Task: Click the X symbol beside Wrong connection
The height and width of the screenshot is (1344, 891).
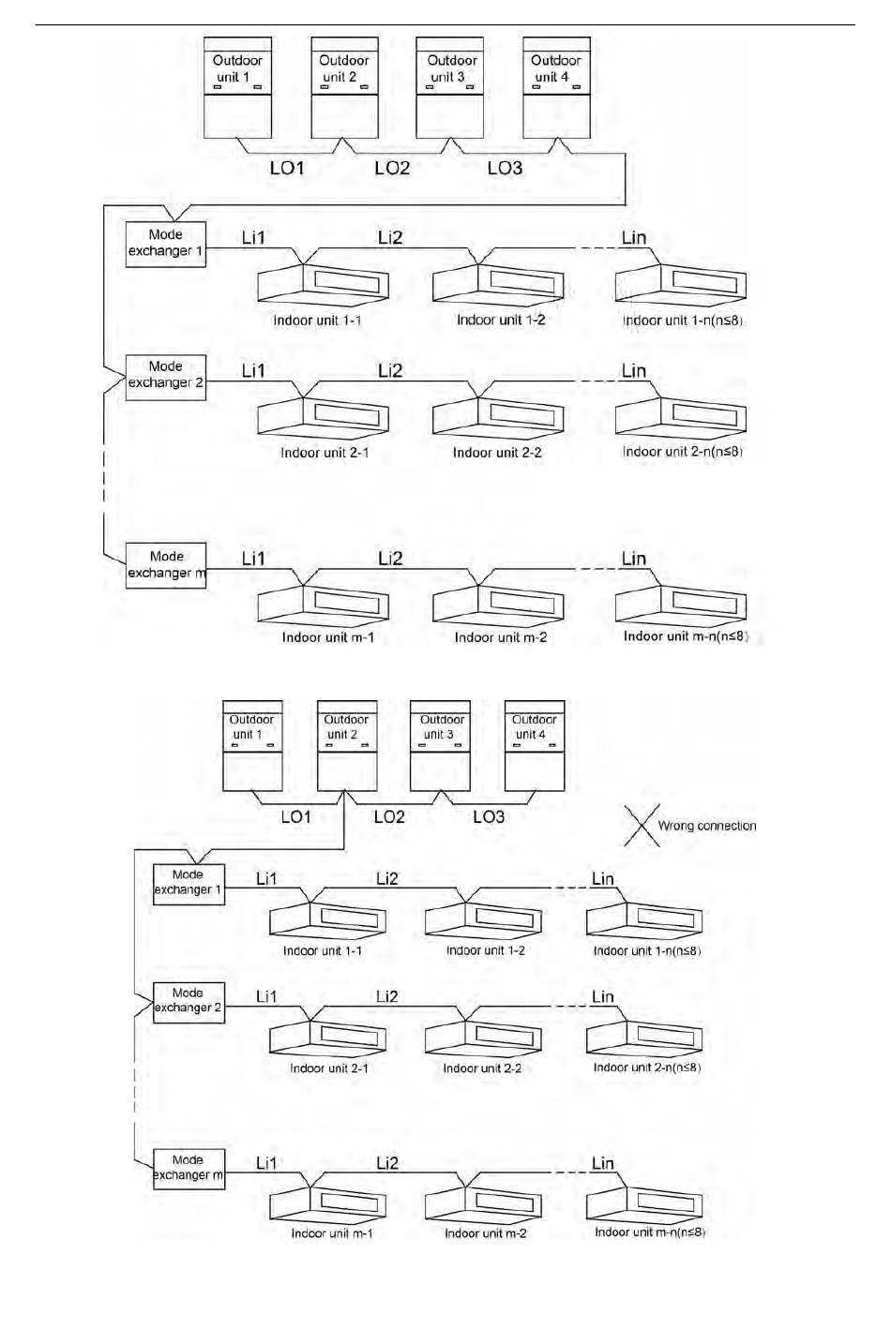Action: [x=642, y=825]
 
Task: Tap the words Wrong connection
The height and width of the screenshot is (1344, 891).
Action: [x=706, y=826]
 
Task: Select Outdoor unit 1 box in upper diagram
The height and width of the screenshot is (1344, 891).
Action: [x=237, y=87]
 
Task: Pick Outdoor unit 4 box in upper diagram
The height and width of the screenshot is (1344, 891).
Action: [x=556, y=87]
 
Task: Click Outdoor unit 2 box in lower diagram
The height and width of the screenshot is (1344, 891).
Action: [x=347, y=745]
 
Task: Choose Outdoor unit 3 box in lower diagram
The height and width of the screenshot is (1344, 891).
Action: [x=440, y=745]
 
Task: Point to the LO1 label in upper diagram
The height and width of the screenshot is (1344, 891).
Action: [x=287, y=168]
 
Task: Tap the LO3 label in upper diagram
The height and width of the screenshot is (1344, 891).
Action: [x=505, y=168]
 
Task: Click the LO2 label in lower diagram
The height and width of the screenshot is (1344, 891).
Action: [x=389, y=816]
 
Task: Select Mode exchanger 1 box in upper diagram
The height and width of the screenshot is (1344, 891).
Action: [x=166, y=244]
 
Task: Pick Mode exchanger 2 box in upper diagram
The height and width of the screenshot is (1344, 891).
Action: [x=166, y=376]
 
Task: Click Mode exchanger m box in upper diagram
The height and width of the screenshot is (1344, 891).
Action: [x=166, y=565]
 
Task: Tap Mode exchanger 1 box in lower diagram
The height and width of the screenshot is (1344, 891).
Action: [x=189, y=883]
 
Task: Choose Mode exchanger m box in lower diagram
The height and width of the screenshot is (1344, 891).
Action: [x=189, y=1168]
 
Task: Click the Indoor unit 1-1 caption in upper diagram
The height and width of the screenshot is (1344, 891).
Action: [x=317, y=321]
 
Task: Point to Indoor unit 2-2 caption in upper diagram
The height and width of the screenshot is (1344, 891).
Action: [x=497, y=453]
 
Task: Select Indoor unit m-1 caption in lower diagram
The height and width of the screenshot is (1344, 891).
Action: [x=331, y=1233]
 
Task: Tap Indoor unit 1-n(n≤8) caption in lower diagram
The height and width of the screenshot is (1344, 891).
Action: [x=647, y=950]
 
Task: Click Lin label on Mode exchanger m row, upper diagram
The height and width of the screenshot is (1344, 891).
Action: [x=634, y=559]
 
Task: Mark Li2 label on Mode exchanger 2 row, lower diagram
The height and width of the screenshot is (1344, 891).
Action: [x=387, y=996]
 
